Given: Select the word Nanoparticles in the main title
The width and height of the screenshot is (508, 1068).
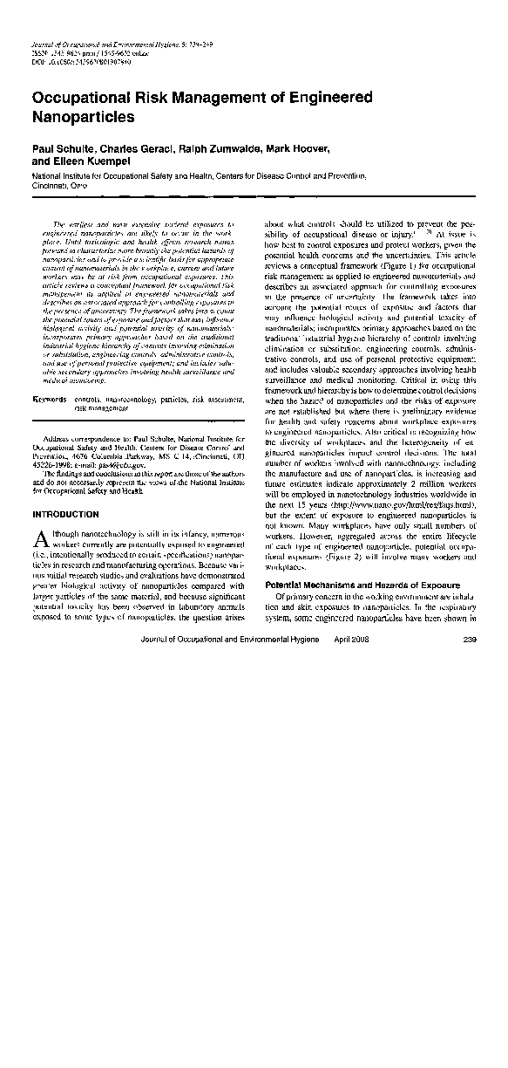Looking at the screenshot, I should [x=84, y=115].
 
